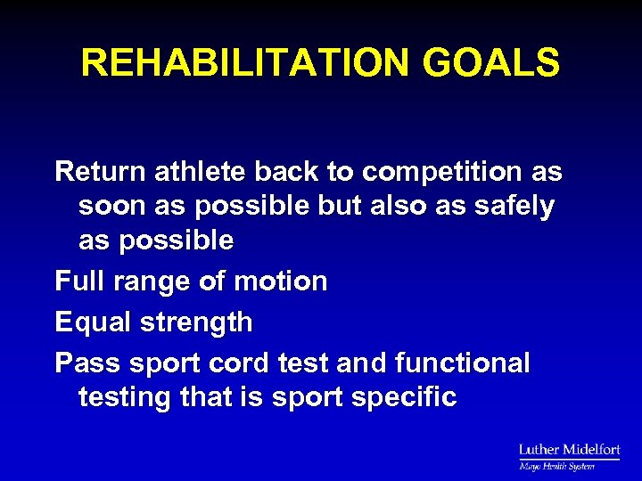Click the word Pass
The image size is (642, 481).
[87, 363]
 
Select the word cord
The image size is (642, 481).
[239, 363]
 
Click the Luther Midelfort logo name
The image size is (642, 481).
[569, 451]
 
